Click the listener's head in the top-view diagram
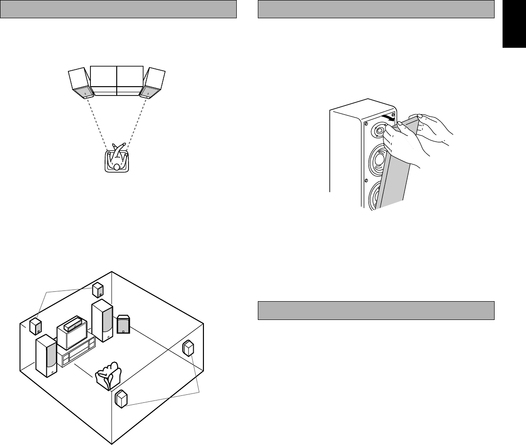pyautogui.click(x=117, y=166)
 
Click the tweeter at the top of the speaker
pyautogui.click(x=379, y=131)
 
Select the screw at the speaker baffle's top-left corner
pyautogui.click(x=366, y=124)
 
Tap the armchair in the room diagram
pyautogui.click(x=108, y=375)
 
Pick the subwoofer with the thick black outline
pyautogui.click(x=123, y=324)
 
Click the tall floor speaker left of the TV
pyautogui.click(x=46, y=356)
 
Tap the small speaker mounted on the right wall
pyautogui.click(x=188, y=349)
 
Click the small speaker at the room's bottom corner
pyautogui.click(x=121, y=399)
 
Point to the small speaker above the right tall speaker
pyautogui.click(x=98, y=290)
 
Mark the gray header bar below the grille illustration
pyautogui.click(x=376, y=310)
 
